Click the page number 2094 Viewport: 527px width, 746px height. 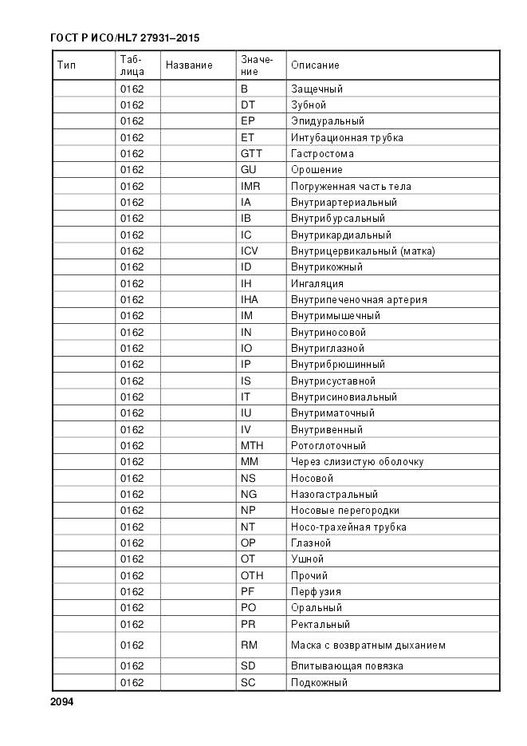tap(61, 702)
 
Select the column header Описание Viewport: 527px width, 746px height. tap(315, 65)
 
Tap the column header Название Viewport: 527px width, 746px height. tap(189, 65)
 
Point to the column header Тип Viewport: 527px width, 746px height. tap(66, 65)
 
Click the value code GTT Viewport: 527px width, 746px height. tap(251, 153)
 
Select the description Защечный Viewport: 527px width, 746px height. tap(317, 89)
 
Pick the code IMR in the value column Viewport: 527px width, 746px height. tap(250, 186)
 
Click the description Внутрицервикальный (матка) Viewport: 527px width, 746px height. tap(363, 251)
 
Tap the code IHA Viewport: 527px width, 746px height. tap(250, 299)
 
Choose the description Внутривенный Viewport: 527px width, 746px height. tap(327, 429)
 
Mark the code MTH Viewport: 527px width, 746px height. tap(252, 445)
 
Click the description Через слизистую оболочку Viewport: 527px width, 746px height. tap(357, 461)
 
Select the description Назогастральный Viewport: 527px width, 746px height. tap(334, 494)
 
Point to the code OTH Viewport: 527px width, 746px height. tap(252, 575)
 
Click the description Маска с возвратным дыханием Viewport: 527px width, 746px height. tap(368, 645)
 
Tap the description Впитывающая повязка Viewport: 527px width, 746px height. tap(347, 665)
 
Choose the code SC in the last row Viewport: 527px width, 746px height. tap(248, 682)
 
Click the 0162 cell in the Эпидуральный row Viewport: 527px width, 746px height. tap(132, 121)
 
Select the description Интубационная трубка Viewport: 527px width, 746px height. tap(347, 137)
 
